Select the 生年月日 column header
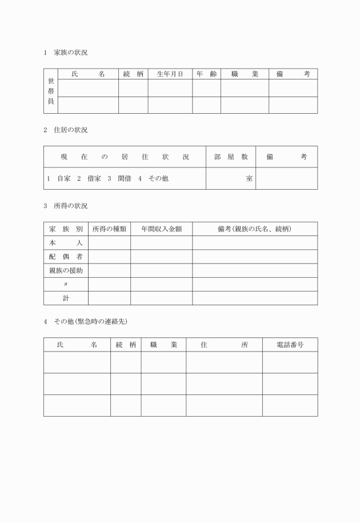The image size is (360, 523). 170,74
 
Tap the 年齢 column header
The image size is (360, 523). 206,74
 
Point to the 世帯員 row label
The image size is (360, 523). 51,91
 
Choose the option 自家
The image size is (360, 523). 63,178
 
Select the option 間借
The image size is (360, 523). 124,178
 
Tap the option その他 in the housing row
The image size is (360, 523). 158,178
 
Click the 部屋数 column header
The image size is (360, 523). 230,157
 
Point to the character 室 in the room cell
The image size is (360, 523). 249,178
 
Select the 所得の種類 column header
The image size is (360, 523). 109,229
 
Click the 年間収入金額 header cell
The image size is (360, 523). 161,229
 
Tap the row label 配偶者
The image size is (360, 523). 66,257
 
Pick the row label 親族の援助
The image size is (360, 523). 66,270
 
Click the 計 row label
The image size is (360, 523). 66,298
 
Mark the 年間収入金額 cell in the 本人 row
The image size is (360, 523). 161,243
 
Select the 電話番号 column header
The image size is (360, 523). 290,345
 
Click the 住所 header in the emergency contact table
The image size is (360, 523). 224,345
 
